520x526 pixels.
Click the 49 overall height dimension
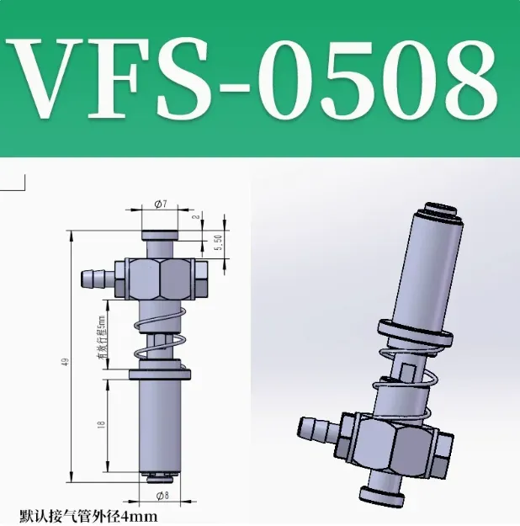[64, 361]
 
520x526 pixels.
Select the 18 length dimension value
[102, 427]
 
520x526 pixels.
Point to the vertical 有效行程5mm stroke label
[99, 337]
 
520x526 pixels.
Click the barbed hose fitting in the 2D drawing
[94, 279]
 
